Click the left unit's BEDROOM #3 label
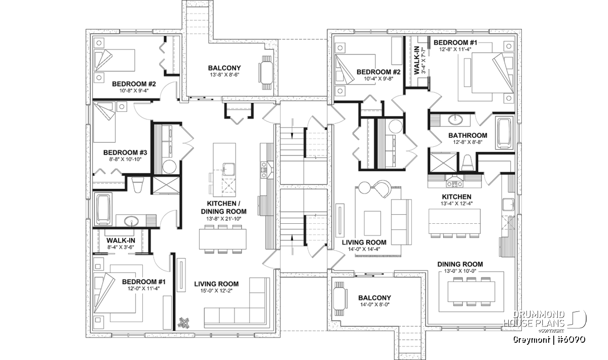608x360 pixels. coord(125,152)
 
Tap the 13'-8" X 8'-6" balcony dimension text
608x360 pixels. coord(224,74)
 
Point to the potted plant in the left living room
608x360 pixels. coord(184,323)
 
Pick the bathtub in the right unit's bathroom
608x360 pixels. coord(505,133)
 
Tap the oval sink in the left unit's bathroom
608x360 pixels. coord(131,221)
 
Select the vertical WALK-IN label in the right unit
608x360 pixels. coord(416,60)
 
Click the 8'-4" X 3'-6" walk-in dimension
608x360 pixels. coord(121,247)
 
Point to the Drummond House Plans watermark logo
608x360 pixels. coord(545,321)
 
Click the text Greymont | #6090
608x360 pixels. coord(549,340)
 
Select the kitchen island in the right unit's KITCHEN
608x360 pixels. coord(454,221)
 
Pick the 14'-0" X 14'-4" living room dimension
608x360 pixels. coord(364,249)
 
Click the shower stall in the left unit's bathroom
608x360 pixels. coord(166,185)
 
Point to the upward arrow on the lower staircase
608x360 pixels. coord(292,245)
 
